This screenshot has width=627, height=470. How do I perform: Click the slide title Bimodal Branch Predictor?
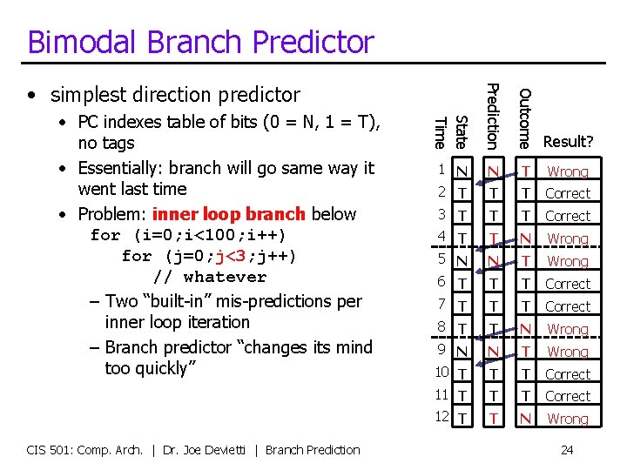(200, 42)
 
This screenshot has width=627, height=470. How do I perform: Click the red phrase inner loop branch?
(228, 214)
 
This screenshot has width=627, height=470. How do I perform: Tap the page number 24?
(567, 450)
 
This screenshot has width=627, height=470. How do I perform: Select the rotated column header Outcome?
(522, 115)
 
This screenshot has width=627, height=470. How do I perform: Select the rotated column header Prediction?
(492, 114)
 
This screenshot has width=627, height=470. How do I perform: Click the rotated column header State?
(462, 131)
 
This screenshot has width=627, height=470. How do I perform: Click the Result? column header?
(568, 141)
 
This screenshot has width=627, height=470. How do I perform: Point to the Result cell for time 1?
(568, 171)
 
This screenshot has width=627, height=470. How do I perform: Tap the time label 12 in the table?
(442, 418)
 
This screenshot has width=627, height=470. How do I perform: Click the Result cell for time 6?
(568, 284)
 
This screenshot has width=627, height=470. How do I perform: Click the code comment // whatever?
(210, 277)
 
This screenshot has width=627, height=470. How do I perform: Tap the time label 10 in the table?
(442, 373)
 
